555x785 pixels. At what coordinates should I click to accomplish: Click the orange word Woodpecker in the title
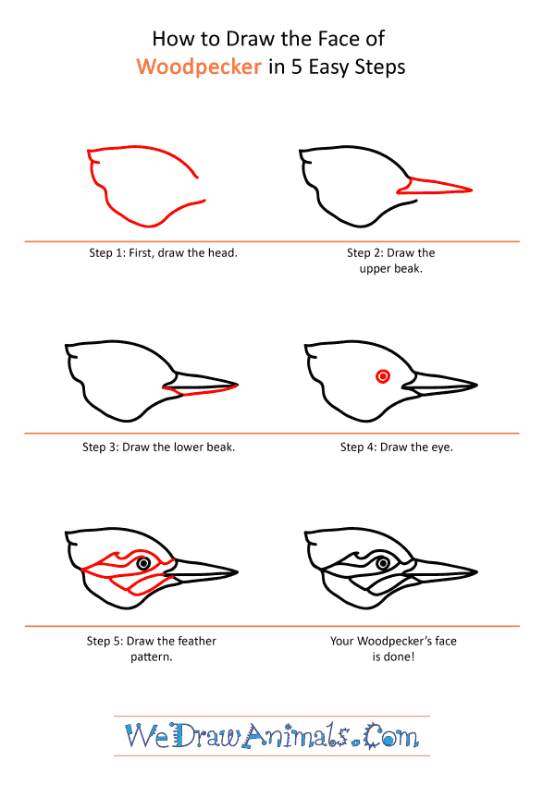[x=199, y=67]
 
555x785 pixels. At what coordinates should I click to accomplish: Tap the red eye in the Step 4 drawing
[x=383, y=376]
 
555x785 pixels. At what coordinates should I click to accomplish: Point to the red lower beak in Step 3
[x=201, y=390]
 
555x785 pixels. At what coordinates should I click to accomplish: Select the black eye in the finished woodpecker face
[x=383, y=564]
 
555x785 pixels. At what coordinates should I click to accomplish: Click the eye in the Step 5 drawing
[x=143, y=564]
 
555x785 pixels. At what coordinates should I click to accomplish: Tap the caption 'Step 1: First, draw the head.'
[x=164, y=252]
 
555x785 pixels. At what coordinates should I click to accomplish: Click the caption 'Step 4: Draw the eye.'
[x=396, y=448]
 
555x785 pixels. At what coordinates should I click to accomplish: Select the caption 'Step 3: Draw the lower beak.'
[x=159, y=448]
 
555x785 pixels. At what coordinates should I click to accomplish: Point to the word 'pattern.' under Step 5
[x=152, y=656]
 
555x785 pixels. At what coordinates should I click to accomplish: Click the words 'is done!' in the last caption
[x=393, y=656]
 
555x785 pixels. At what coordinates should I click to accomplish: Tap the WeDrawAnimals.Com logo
[x=272, y=736]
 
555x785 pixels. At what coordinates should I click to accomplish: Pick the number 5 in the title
[x=297, y=67]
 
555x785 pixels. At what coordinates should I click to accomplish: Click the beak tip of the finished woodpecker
[x=477, y=571]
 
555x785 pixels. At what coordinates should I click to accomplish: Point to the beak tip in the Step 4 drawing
[x=477, y=385]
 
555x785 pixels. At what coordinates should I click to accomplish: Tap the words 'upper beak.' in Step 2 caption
[x=390, y=269]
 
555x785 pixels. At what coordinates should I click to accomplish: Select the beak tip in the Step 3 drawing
[x=238, y=385]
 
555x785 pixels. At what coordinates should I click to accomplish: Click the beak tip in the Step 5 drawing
[x=238, y=571]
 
